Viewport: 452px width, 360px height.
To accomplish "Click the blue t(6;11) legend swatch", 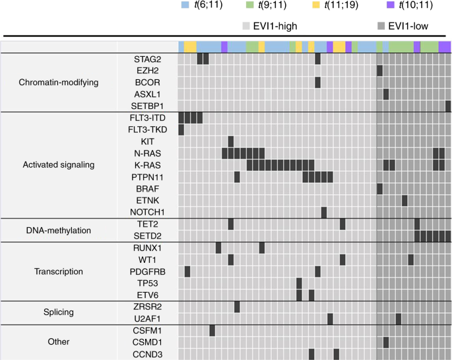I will [x=189, y=5].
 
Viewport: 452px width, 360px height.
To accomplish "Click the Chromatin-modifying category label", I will [x=59, y=83].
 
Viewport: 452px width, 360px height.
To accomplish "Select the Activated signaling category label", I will [x=59, y=164].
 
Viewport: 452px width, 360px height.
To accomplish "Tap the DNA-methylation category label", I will [x=59, y=230].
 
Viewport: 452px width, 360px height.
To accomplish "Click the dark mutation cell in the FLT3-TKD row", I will [x=181, y=129].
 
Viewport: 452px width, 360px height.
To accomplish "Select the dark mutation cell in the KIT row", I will [x=231, y=141].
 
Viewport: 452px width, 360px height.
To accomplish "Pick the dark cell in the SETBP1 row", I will [x=448, y=106].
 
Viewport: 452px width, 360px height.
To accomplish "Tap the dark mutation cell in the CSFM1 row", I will [x=212, y=330].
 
